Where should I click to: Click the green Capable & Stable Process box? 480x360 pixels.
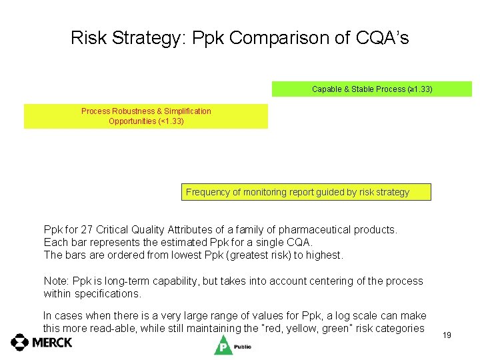point(371,89)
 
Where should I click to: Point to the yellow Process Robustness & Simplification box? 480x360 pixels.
point(146,116)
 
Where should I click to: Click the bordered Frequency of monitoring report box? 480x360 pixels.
point(306,192)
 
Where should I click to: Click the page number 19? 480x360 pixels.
point(447,335)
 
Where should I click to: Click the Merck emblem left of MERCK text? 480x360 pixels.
point(20,343)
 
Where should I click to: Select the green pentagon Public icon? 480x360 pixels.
point(222,345)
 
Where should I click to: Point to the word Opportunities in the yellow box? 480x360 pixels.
point(133,121)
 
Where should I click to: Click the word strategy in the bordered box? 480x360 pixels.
point(393,192)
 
